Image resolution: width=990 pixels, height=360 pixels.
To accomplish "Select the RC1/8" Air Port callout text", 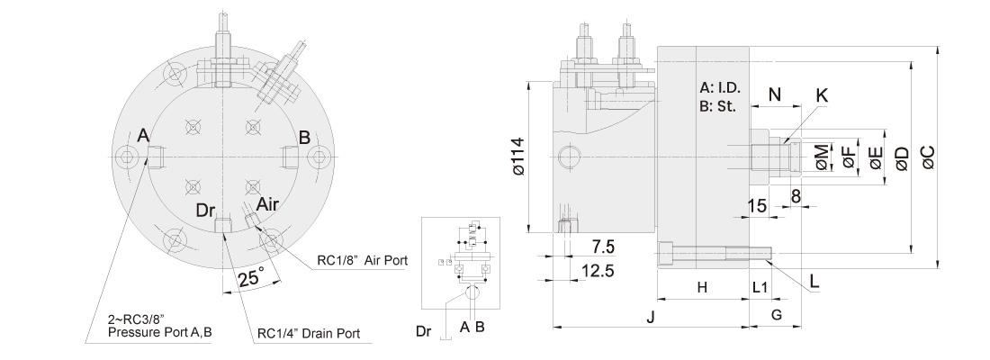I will pyautogui.click(x=363, y=261).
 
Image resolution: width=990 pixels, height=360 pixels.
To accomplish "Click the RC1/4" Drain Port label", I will pyautogui.click(x=309, y=333).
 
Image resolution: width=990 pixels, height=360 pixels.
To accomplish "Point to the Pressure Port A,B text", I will pyautogui.click(x=159, y=332).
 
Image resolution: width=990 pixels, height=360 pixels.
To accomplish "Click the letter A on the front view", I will pyautogui.click(x=142, y=136).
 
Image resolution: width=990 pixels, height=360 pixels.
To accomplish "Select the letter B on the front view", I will pyautogui.click(x=304, y=137).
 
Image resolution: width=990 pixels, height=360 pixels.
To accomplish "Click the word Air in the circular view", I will pyautogui.click(x=267, y=204).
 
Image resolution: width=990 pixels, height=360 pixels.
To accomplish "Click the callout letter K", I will pyautogui.click(x=821, y=94).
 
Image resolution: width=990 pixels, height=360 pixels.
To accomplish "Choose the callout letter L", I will pyautogui.click(x=814, y=280).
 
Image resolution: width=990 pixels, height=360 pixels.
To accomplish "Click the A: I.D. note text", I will pyautogui.click(x=718, y=88).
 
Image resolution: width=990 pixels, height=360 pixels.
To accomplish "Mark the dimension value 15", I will pyautogui.click(x=757, y=205).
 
